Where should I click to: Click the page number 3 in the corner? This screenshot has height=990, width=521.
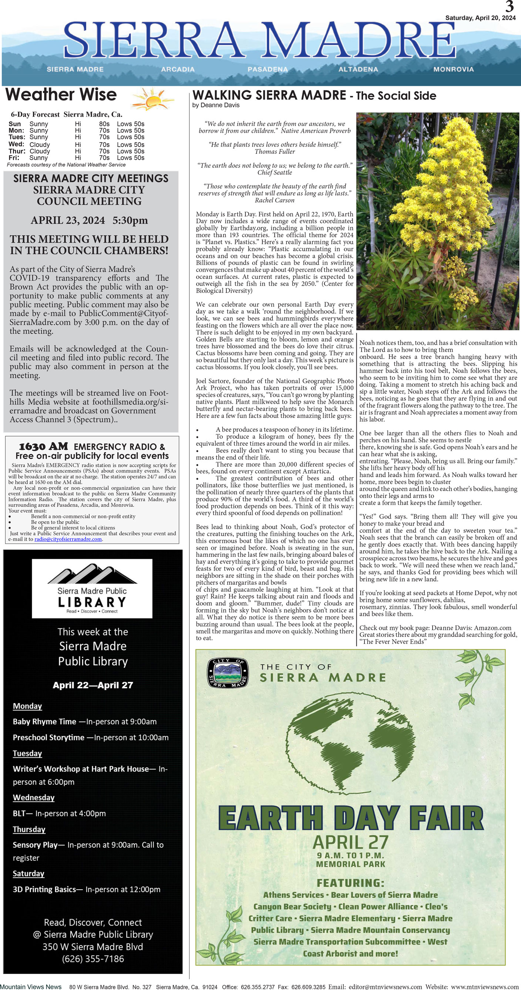point(509,7)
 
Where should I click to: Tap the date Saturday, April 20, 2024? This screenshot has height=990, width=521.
point(480,18)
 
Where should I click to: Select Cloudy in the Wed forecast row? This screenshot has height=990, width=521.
point(40,144)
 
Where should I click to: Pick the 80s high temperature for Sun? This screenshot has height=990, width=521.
point(104,124)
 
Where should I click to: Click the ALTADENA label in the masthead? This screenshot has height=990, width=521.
point(358,69)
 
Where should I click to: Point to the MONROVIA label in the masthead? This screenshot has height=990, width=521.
point(453,69)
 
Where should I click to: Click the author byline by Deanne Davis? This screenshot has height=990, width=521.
point(216,105)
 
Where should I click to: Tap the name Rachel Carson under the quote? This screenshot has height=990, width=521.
point(275,200)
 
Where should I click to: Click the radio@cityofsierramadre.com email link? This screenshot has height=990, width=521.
point(68,539)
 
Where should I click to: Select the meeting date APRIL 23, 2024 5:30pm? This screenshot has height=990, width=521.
point(89,220)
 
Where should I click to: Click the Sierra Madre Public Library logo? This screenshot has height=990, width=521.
point(92,588)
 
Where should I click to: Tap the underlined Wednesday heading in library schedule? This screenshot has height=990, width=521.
point(34,797)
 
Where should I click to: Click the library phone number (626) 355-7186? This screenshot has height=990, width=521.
point(93,959)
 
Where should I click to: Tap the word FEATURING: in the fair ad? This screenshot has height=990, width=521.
point(350,883)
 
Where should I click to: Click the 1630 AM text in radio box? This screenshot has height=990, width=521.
point(43,446)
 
